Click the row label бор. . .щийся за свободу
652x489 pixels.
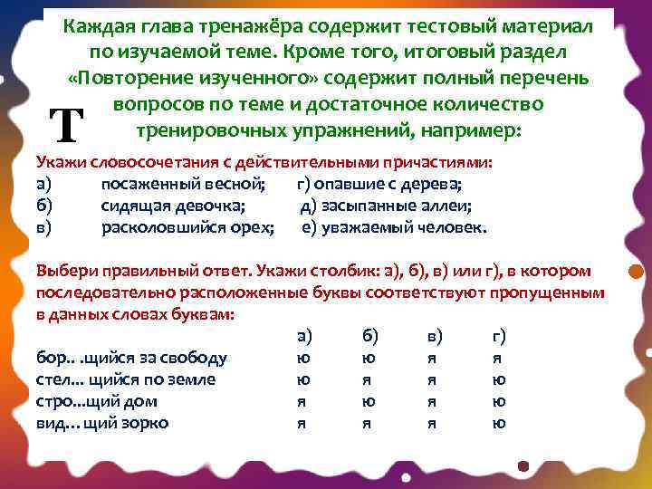[131, 358]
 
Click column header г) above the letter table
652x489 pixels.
[498, 336]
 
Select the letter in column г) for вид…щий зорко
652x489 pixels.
[498, 423]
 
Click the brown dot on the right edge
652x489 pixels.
[636, 271]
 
